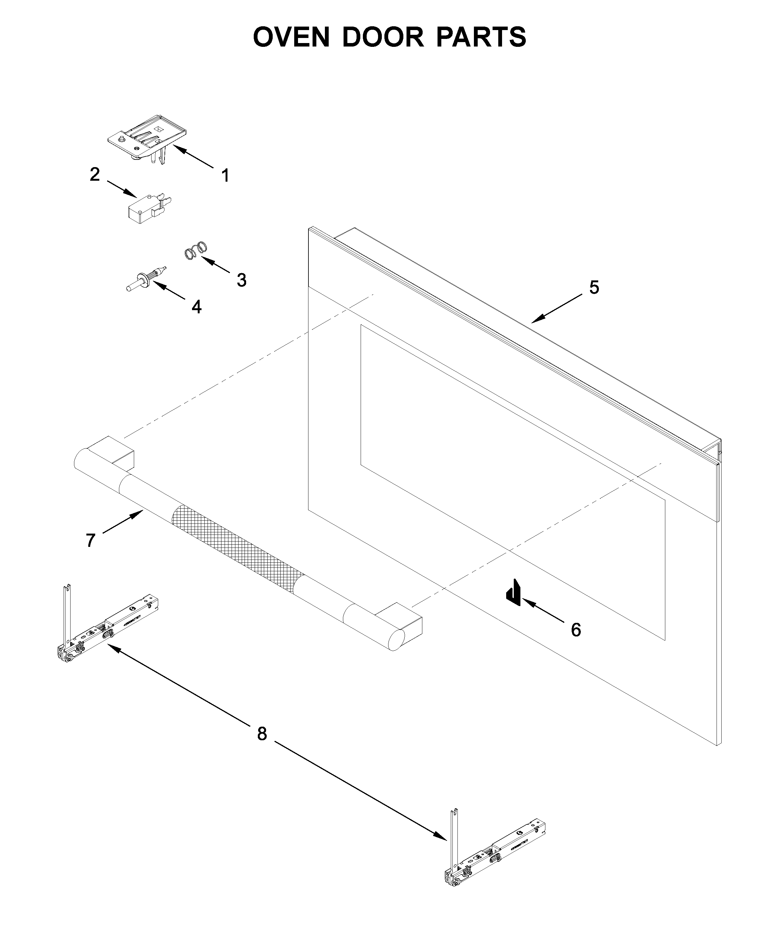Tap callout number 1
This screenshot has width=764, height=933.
point(225,176)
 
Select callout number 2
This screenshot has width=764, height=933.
point(95,174)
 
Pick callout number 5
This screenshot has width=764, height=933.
point(594,287)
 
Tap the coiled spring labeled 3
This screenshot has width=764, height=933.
point(195,251)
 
